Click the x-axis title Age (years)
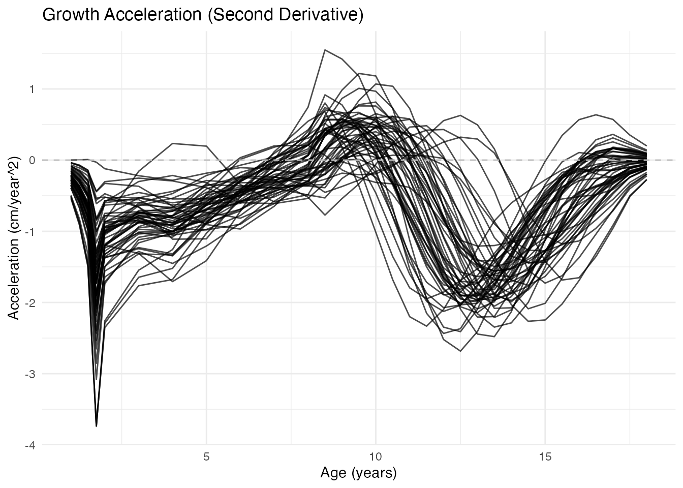(358, 473)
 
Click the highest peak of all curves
(325, 50)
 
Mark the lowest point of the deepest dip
(97, 426)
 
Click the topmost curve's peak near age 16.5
(596, 114)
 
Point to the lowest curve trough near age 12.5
(460, 351)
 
